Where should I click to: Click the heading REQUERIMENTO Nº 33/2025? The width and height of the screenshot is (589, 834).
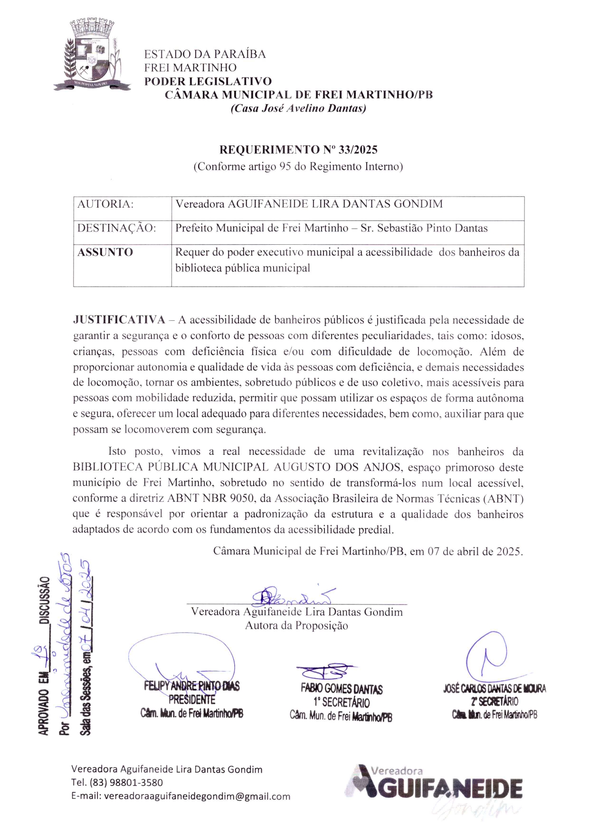[298, 150]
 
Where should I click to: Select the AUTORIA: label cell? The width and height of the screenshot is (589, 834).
[105, 204]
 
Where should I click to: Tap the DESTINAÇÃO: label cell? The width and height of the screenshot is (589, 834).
[117, 228]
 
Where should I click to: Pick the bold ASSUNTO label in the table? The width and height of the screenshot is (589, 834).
[105, 252]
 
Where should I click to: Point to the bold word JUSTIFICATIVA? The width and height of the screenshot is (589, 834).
[119, 320]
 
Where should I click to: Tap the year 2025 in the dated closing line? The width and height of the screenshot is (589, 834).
[509, 552]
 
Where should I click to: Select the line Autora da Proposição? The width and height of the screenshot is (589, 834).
[296, 626]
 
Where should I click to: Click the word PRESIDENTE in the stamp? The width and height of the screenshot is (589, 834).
[192, 700]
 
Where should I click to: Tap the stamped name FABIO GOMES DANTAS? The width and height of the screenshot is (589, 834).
[342, 689]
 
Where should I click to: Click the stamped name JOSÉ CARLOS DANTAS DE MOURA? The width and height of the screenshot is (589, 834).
[494, 689]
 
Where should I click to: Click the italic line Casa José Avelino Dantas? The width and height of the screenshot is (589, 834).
[298, 108]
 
